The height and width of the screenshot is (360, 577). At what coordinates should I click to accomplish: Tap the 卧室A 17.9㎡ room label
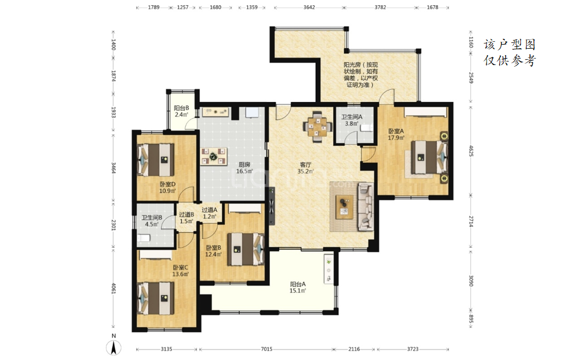coord(396,134)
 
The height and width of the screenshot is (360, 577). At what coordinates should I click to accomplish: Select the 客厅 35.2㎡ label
coord(305,168)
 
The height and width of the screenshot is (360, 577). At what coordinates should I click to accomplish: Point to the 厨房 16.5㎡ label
coord(244,168)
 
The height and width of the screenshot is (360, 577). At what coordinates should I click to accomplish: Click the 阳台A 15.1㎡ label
coord(298,288)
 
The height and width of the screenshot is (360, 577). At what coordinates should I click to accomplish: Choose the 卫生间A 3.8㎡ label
coord(352,121)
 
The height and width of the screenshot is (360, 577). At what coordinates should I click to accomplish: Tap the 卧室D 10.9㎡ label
coord(167,188)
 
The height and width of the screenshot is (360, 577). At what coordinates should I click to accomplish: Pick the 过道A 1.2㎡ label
coord(209,213)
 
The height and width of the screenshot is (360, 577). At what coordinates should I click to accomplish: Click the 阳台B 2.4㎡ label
coord(181,111)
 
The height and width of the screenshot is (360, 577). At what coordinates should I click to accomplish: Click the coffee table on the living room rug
coord(345,207)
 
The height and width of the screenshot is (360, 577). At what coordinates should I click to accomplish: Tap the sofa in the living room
coord(366,207)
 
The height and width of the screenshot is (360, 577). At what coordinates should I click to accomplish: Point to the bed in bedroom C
coord(155,298)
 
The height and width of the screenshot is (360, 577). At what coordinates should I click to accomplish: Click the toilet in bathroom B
coord(144,238)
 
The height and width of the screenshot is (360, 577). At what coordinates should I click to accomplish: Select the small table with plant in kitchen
coord(213,157)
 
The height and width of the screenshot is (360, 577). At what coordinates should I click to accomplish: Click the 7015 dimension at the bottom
coord(266,349)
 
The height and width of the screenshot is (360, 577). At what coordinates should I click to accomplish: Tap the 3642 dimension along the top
coord(309,7)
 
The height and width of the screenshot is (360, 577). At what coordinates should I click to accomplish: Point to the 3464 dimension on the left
coord(114,169)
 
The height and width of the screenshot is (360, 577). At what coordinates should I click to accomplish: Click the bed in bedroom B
coord(246,249)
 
